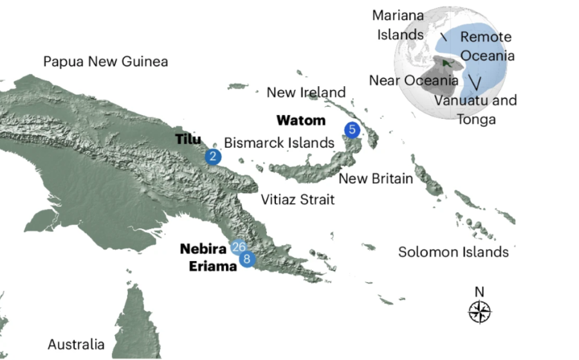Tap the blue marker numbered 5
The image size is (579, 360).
[x=351, y=129]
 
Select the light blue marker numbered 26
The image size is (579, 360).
[x=239, y=248]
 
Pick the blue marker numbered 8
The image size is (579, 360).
[x=246, y=259]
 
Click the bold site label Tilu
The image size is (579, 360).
[x=188, y=139]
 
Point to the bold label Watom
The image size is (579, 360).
[x=300, y=120]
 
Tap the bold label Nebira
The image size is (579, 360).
[x=204, y=249]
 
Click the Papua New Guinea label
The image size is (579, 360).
[x=106, y=62]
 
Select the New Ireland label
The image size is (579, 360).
[x=306, y=93]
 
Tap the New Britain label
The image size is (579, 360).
[x=376, y=178]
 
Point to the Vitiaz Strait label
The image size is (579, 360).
[x=297, y=199]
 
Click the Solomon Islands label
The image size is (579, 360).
[x=453, y=252]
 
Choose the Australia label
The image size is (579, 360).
[x=76, y=345]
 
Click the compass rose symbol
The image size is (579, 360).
[x=479, y=312]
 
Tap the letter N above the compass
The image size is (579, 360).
[x=479, y=292]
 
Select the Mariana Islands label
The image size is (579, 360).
[x=400, y=25]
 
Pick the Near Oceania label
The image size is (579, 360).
[x=414, y=80]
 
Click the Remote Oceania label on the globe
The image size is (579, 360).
[x=486, y=46]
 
